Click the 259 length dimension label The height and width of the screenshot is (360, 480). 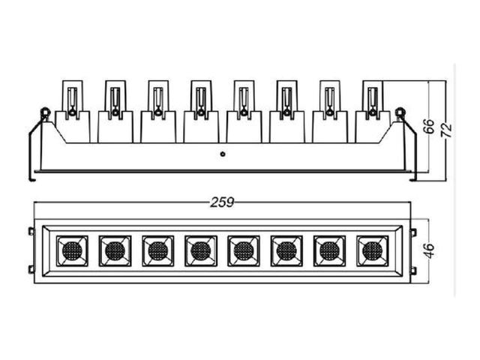(222, 202)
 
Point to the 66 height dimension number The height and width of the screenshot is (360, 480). (429, 125)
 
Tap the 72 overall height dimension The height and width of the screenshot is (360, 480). (447, 130)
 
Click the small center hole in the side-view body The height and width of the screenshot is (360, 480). (223, 154)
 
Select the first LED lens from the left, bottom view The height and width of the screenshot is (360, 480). (72, 250)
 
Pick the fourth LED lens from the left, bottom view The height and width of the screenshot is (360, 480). (201, 250)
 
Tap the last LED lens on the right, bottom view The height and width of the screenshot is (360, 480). (373, 250)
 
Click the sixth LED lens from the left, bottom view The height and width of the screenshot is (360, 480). (286, 250)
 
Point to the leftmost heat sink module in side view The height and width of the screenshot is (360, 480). (73, 112)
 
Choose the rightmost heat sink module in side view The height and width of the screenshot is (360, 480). (373, 112)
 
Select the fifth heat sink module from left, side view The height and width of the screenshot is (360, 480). (244, 112)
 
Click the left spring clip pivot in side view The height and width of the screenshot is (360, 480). (45, 112)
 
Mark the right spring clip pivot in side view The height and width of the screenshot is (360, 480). (400, 112)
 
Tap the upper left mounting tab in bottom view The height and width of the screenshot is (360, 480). (31, 232)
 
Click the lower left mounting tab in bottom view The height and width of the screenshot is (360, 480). (31, 270)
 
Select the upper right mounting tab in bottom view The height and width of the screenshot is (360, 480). (413, 232)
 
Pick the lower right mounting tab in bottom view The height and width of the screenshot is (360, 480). (413, 270)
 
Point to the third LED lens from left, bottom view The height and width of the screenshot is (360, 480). (158, 250)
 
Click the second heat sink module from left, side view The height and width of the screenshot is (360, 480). (115, 112)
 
